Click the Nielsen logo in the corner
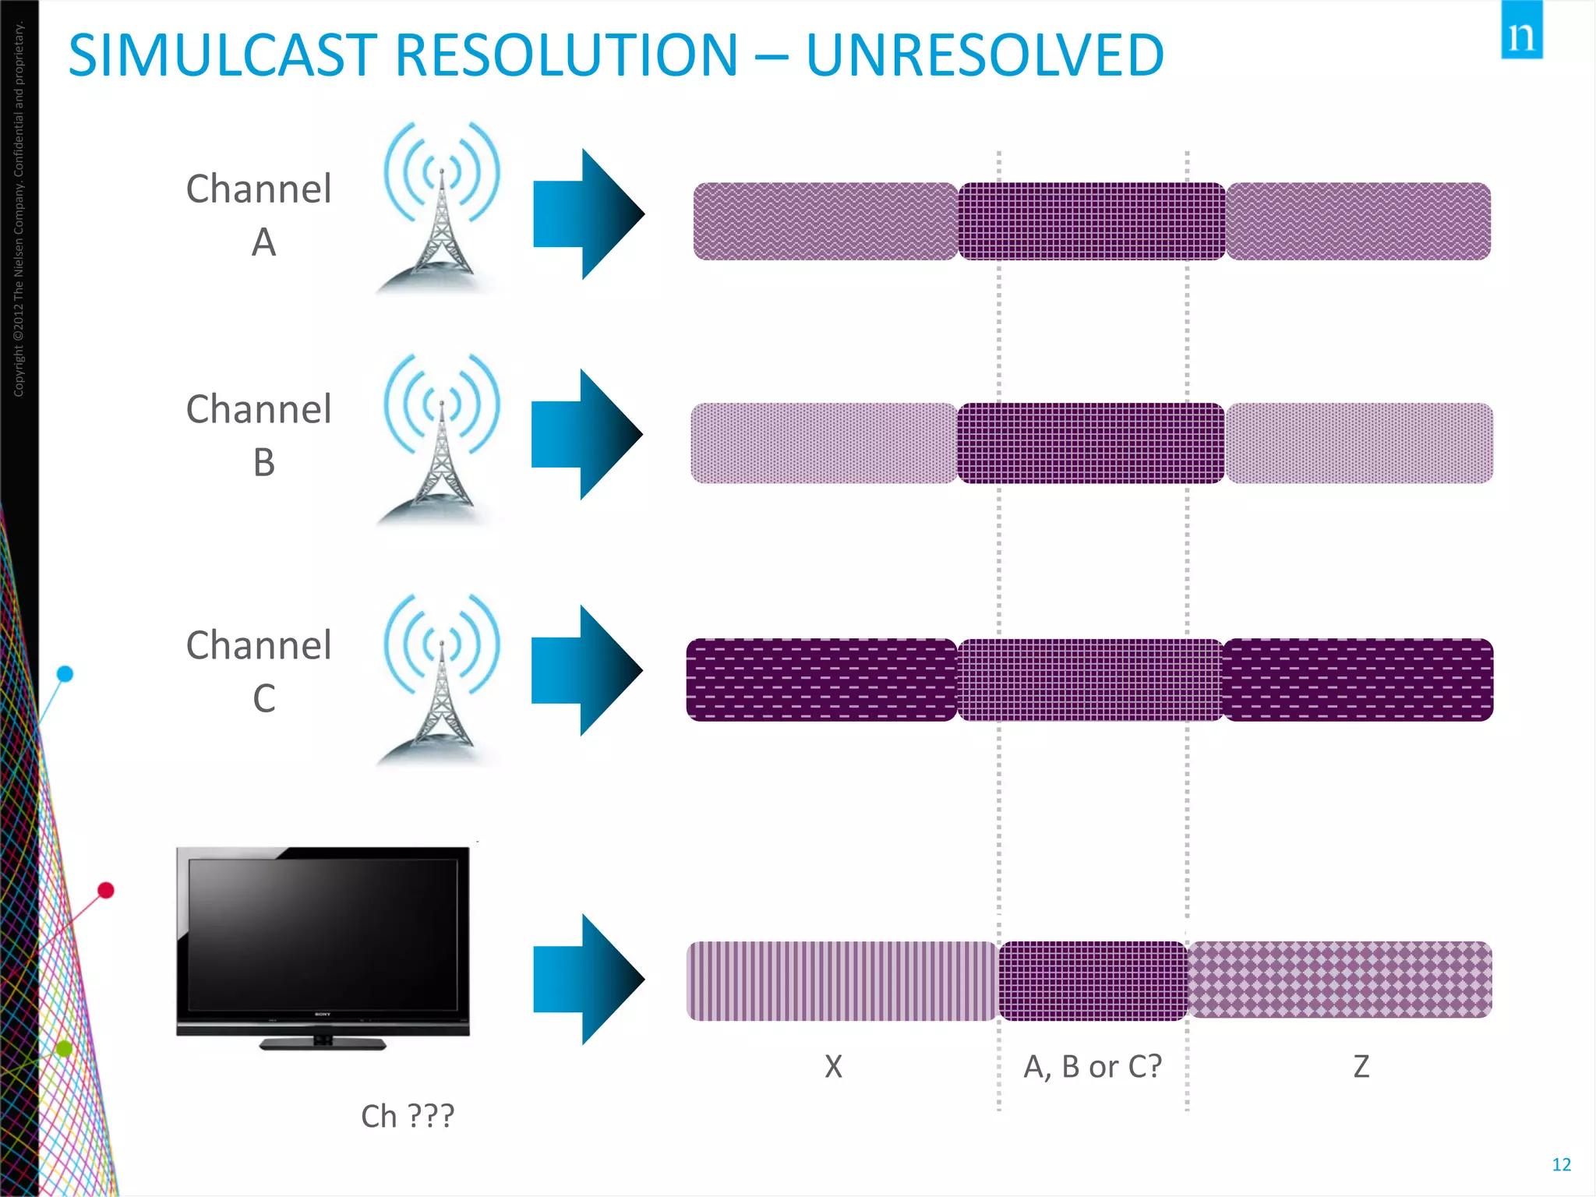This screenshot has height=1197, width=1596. pyautogui.click(x=1521, y=31)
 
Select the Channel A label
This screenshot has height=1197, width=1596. pyautogui.click(x=260, y=214)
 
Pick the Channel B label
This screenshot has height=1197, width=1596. pyautogui.click(x=260, y=435)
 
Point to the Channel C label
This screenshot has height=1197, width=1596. pyautogui.click(x=260, y=671)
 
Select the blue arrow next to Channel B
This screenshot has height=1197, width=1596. pyautogui.click(x=586, y=434)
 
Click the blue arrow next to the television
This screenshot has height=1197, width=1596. pyautogui.click(x=588, y=979)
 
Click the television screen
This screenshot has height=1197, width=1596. pyautogui.click(x=323, y=935)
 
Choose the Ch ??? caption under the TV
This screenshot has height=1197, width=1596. pyautogui.click(x=407, y=1116)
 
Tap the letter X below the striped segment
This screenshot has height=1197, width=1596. pyautogui.click(x=833, y=1066)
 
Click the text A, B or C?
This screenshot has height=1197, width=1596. pyautogui.click(x=1093, y=1066)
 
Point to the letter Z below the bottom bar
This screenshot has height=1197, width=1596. pyautogui.click(x=1361, y=1066)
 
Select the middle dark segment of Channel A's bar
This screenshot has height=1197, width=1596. pyautogui.click(x=1091, y=221)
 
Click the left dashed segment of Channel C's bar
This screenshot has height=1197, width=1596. pyautogui.click(x=821, y=680)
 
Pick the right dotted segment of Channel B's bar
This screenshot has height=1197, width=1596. pyautogui.click(x=1359, y=443)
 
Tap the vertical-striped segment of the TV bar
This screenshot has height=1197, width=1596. pyautogui.click(x=842, y=981)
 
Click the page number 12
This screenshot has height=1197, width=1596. pyautogui.click(x=1561, y=1164)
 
